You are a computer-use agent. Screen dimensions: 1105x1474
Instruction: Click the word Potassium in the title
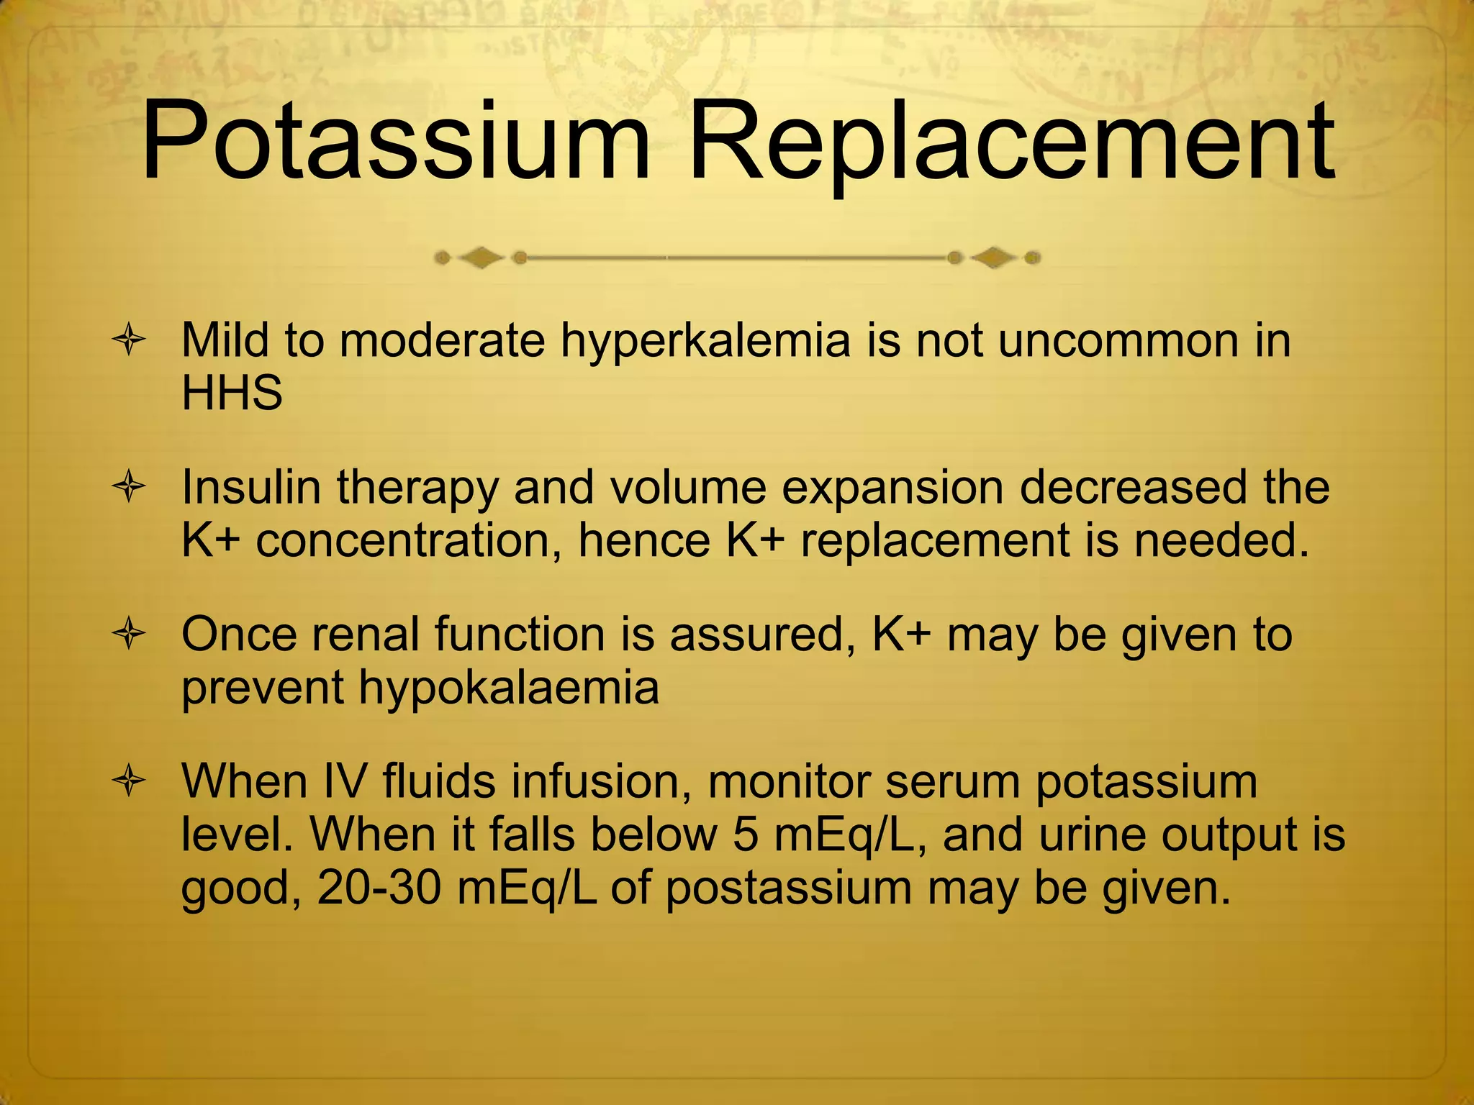tap(396, 142)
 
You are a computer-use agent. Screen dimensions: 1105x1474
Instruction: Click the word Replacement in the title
tap(1012, 142)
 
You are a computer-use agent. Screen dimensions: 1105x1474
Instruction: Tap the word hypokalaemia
tap(509, 688)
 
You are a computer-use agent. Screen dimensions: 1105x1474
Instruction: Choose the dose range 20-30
tap(379, 888)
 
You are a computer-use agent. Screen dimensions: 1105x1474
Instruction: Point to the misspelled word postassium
tap(788, 890)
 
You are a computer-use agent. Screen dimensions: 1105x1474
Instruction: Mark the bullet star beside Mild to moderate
tap(130, 341)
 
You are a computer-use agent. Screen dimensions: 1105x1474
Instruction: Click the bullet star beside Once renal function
tap(130, 636)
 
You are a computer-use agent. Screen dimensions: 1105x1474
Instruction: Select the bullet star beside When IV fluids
tap(130, 783)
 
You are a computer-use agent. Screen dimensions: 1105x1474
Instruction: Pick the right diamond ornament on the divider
tap(994, 257)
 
